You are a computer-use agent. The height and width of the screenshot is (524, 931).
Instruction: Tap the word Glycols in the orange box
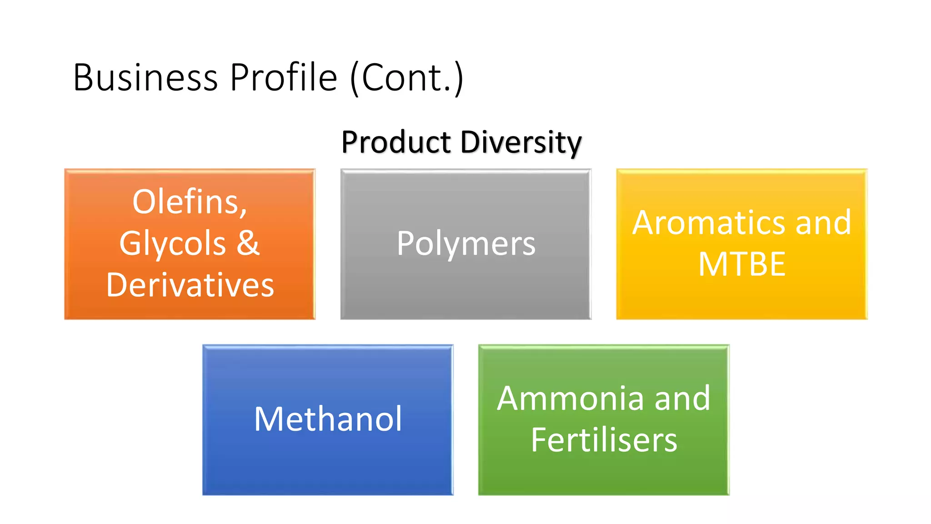(173, 243)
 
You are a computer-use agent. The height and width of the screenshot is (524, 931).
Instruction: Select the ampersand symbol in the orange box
(248, 242)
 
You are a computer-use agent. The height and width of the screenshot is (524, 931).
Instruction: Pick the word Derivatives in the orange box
(190, 285)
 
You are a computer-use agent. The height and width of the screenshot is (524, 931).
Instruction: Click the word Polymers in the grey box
(466, 243)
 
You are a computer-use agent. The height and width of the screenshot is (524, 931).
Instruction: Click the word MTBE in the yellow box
(742, 264)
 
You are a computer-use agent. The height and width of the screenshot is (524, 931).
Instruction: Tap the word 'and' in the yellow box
(823, 223)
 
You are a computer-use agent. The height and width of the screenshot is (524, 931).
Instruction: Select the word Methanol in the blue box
(328, 419)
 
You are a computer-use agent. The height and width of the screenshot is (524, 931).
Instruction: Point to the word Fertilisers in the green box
(604, 440)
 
